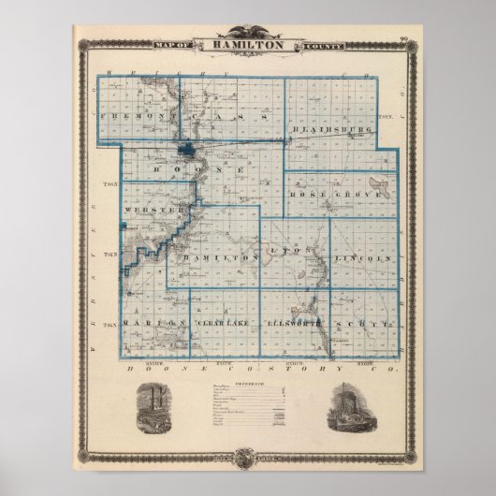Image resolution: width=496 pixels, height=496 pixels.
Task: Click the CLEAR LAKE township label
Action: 221,323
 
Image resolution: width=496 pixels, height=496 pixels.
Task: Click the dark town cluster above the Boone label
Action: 190,148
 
